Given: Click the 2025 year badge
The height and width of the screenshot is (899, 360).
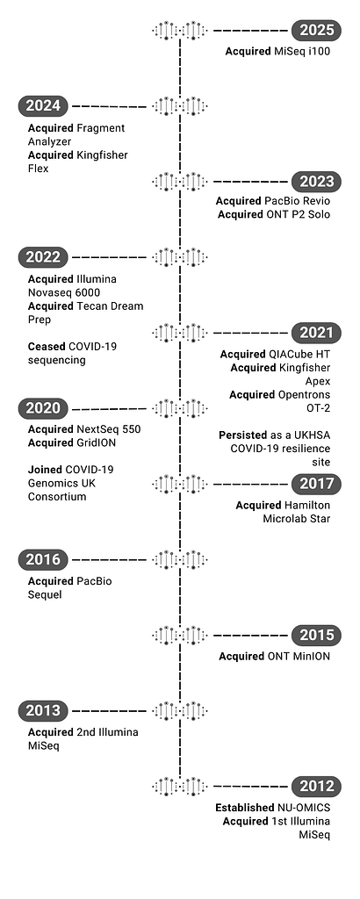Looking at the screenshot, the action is point(316,31).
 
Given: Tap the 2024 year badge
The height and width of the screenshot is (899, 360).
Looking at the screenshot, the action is point(43,106).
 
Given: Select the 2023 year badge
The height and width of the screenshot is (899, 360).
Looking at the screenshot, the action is point(316,182).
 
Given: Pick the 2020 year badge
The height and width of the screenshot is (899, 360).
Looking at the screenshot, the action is point(43,409).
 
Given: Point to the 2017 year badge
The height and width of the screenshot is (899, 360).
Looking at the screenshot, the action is point(316,485).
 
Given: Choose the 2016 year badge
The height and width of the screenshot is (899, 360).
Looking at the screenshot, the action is point(43,559).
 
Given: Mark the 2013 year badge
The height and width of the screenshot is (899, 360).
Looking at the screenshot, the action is point(43,711).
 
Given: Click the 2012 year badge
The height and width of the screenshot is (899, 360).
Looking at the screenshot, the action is point(316,786).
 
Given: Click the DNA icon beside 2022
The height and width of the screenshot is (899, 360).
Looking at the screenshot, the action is point(179,257).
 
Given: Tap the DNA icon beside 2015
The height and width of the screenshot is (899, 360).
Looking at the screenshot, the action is point(179,636).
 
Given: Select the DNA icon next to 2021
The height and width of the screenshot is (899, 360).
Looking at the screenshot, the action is point(179,333).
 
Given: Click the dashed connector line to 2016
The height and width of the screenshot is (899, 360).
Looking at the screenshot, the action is point(109,559).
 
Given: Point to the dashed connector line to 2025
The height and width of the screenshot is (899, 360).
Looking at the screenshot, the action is point(250,31).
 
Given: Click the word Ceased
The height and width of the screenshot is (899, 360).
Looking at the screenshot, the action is point(47,347).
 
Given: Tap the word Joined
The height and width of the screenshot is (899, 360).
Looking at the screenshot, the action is point(46,471).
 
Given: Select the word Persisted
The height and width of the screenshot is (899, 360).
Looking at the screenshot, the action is point(243,435).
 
